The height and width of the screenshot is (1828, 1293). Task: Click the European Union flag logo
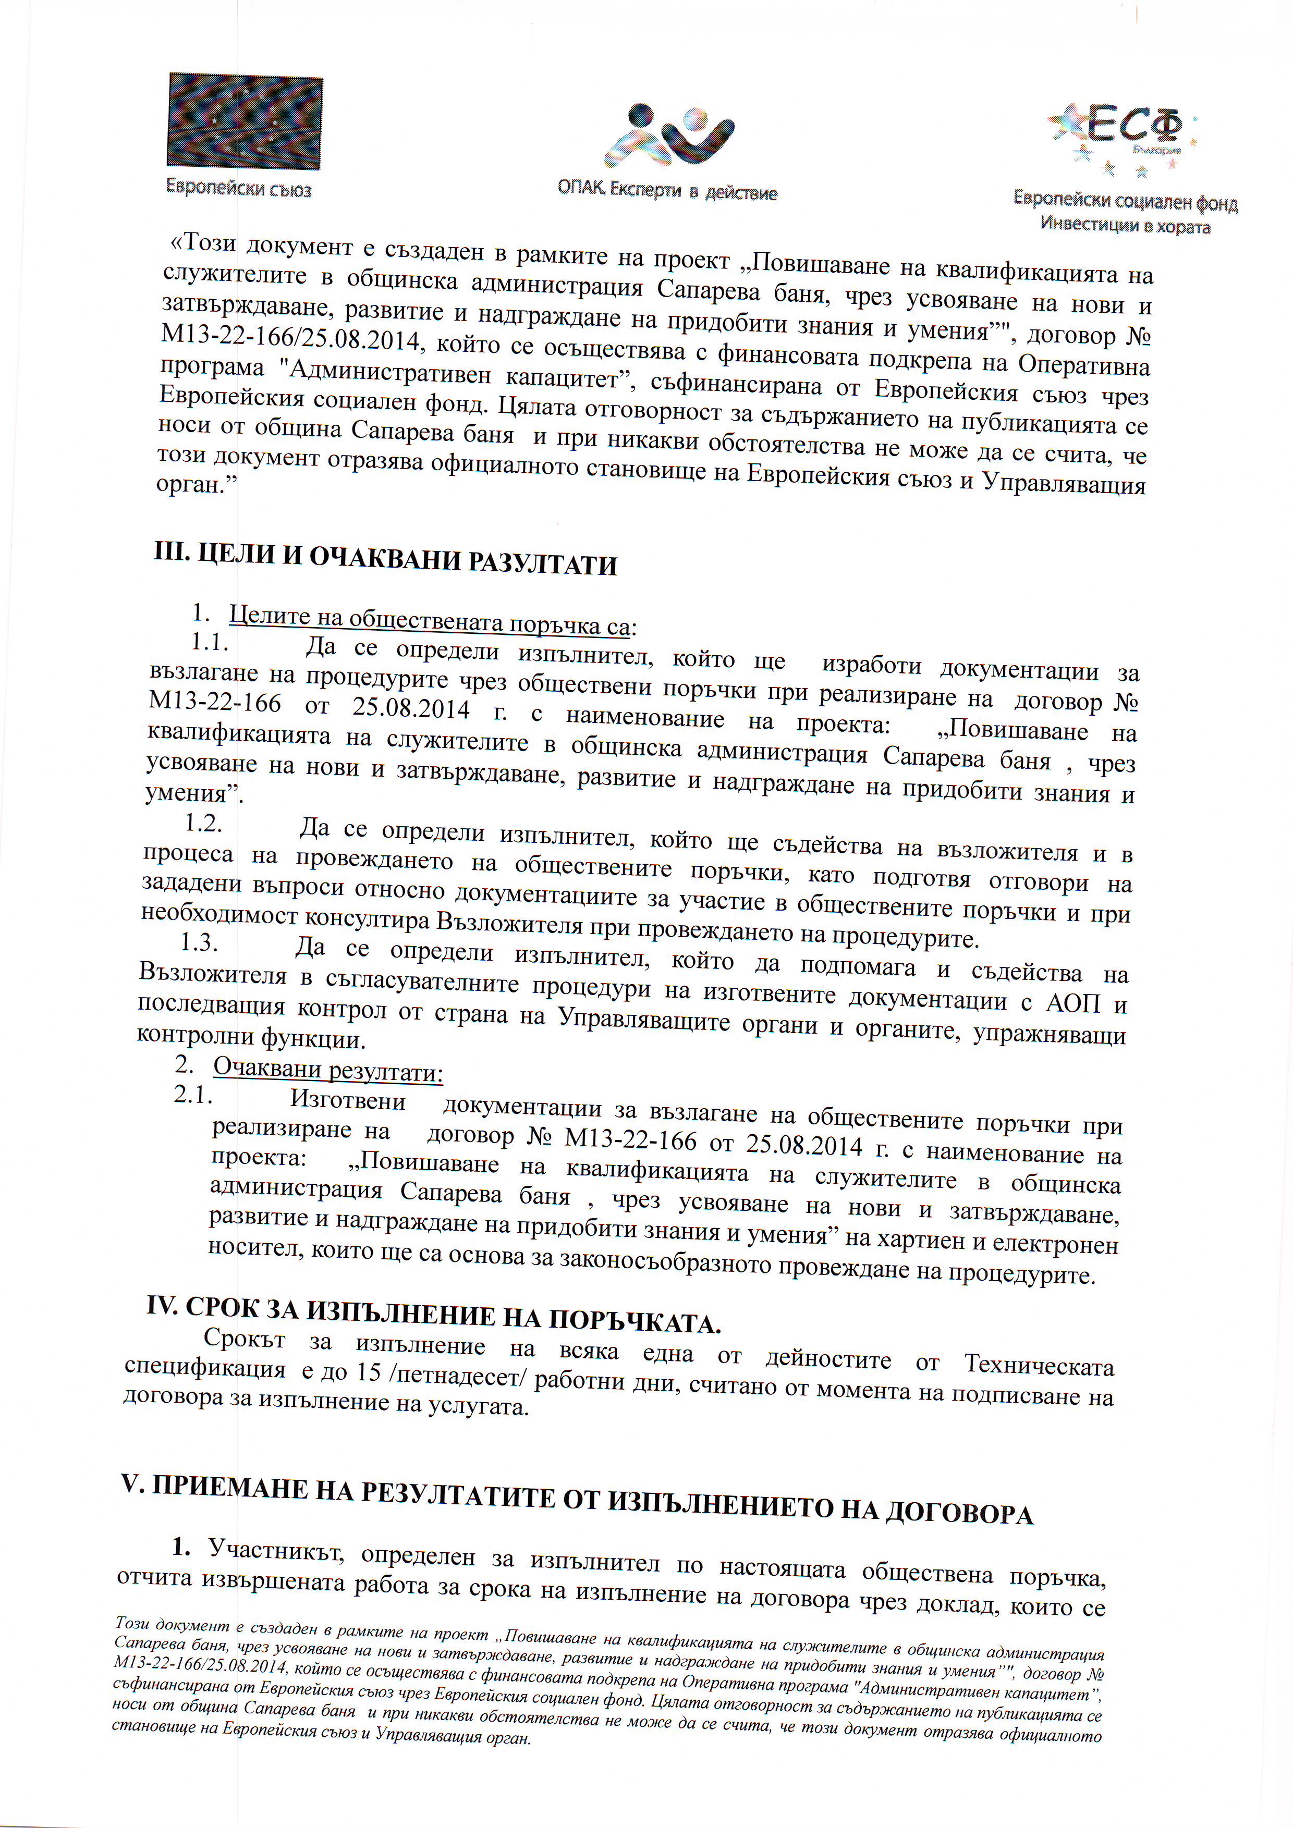click(x=245, y=121)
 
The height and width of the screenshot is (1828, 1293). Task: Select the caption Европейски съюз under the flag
click(x=238, y=189)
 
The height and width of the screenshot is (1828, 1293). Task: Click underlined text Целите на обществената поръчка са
click(x=430, y=620)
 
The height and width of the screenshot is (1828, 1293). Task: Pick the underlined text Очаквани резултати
click(x=327, y=1069)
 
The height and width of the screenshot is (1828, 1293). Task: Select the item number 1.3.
click(x=199, y=942)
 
